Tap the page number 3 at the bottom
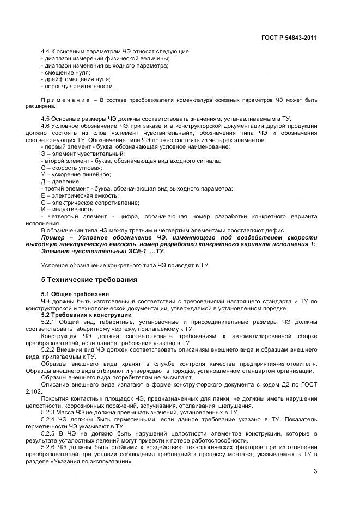tap(315, 471)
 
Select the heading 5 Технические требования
tap(89, 280)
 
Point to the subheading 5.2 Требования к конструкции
tap(86, 315)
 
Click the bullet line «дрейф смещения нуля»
tap(76, 79)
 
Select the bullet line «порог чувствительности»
tap(77, 86)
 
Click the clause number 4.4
tap(46, 51)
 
